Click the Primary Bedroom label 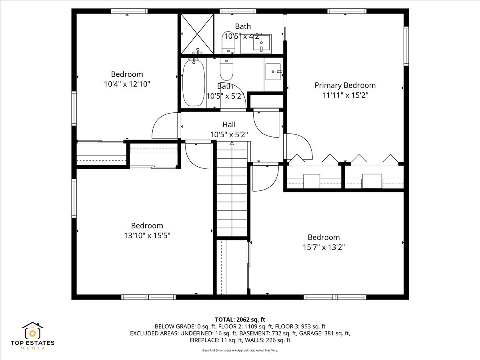345,85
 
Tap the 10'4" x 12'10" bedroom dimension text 127,84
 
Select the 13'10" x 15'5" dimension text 147,236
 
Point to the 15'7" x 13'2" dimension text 324,247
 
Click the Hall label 229,124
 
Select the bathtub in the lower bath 194,82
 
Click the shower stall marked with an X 197,34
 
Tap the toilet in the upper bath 228,42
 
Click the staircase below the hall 232,190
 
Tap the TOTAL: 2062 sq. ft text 240,319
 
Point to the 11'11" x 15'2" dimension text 345,95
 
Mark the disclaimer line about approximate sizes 240,350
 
